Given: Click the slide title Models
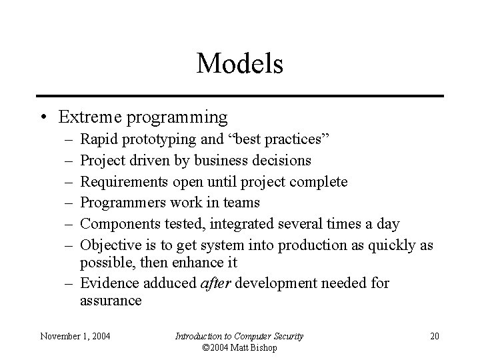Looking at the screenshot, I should (x=240, y=64).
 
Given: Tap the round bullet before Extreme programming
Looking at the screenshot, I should (x=43, y=118).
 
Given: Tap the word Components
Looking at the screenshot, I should (x=117, y=223).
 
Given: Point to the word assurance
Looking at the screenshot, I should (x=111, y=300).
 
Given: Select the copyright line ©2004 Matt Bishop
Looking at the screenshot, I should (x=239, y=347).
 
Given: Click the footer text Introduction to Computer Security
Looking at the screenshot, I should (x=239, y=336).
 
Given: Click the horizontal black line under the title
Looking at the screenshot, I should (x=240, y=96).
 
